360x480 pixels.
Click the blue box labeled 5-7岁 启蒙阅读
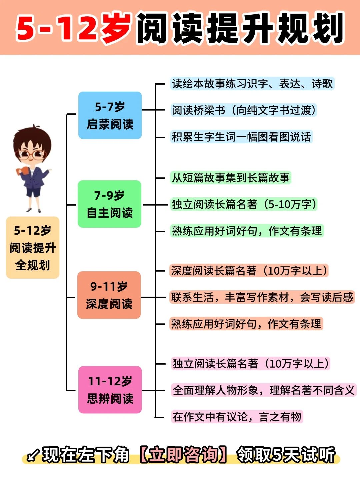[x=110, y=115]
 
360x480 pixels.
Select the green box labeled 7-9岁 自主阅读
[x=110, y=204]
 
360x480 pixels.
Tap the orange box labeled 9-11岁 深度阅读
[x=109, y=295]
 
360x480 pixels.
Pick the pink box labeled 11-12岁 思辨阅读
[x=110, y=390]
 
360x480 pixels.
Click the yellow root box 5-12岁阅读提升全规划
[x=33, y=248]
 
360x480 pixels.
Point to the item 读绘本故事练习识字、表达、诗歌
[x=252, y=84]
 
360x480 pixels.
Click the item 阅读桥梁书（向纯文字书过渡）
[x=243, y=110]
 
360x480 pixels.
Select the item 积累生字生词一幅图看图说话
[x=241, y=137]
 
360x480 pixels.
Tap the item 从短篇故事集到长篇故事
[x=231, y=178]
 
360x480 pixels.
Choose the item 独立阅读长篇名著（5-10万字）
[x=244, y=204]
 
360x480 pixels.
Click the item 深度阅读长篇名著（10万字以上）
[x=249, y=271]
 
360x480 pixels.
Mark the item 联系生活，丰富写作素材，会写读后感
[x=262, y=297]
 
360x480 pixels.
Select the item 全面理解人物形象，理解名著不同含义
[x=264, y=390]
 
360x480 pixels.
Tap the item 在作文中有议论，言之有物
[x=237, y=417]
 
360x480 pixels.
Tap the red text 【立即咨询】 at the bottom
[x=183, y=455]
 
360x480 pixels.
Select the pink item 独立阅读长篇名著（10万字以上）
[x=251, y=363]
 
